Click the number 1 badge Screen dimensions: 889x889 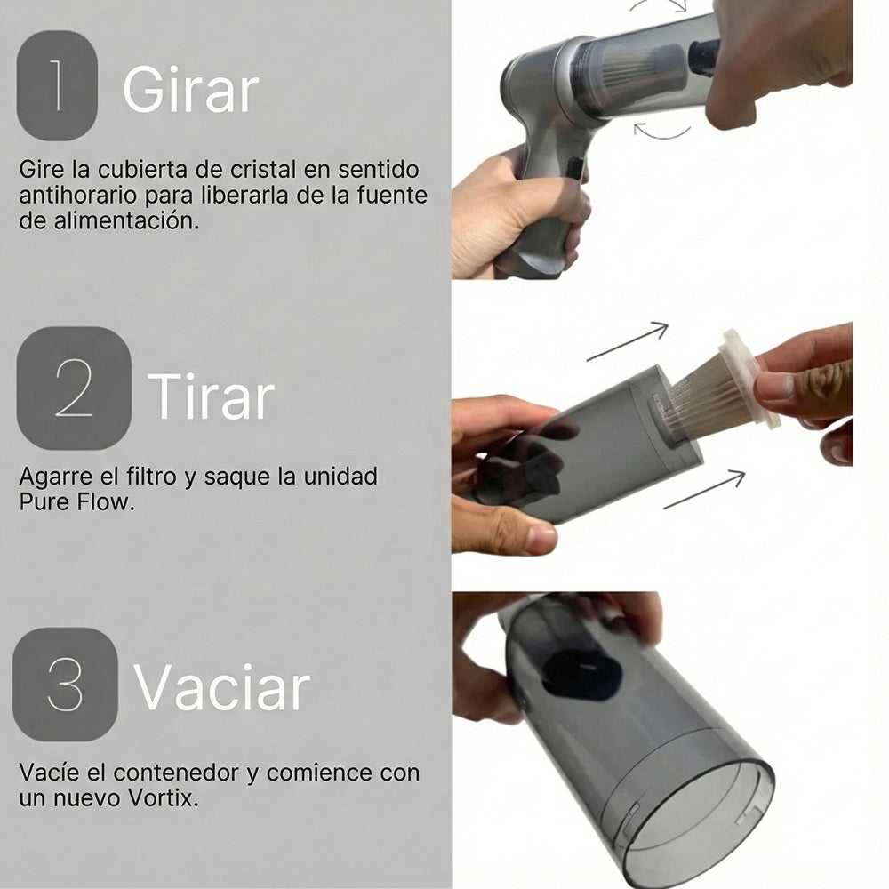point(57,85)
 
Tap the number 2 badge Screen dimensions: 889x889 point(74,388)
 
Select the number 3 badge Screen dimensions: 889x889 point(66,685)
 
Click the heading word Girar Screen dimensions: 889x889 point(190,89)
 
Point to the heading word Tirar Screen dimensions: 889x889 point(211,396)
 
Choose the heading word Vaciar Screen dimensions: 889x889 point(221,688)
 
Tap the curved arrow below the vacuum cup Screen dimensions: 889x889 point(661,132)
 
